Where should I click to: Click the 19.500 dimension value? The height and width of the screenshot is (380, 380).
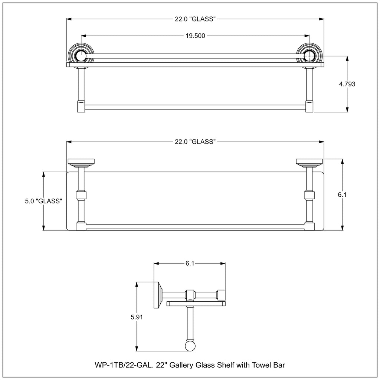(195, 36)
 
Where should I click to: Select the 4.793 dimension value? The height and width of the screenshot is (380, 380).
(347, 84)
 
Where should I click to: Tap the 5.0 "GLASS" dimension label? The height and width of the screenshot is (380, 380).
(44, 201)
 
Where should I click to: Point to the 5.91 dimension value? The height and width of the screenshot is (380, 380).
(137, 317)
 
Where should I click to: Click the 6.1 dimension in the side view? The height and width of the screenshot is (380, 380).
(190, 263)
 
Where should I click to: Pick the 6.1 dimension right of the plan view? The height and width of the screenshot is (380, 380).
(342, 194)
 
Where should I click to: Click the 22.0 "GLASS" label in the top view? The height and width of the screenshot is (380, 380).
(195, 19)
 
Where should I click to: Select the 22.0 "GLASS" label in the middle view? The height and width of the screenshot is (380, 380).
(195, 141)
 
